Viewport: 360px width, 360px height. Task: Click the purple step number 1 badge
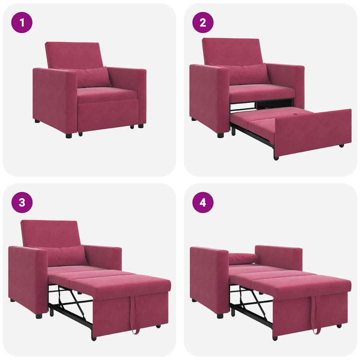[x=22, y=22]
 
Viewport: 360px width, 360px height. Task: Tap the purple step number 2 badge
[x=203, y=22]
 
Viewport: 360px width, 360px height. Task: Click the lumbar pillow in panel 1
[x=93, y=77]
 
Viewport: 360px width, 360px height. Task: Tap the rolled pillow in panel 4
[x=242, y=258]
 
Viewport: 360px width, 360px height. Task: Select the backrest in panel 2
[x=232, y=51]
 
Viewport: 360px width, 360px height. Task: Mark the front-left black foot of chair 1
[x=68, y=135]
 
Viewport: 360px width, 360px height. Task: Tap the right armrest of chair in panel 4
[x=280, y=257]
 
